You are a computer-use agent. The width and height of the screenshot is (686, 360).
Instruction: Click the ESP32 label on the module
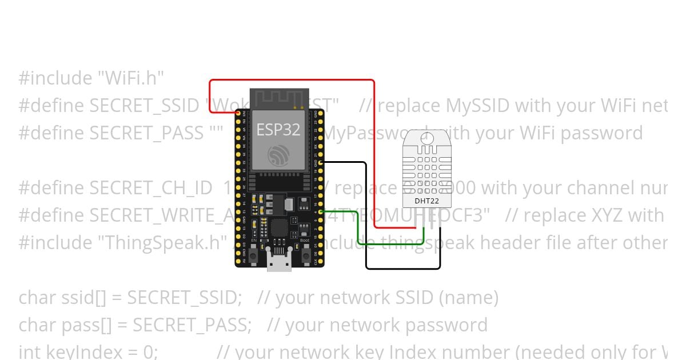click(x=278, y=130)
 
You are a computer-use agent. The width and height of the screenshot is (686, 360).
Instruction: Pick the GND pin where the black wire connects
click(x=321, y=163)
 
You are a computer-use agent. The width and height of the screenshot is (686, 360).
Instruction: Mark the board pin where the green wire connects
click(x=321, y=212)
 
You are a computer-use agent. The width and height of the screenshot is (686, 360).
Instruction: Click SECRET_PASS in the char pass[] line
click(x=192, y=325)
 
